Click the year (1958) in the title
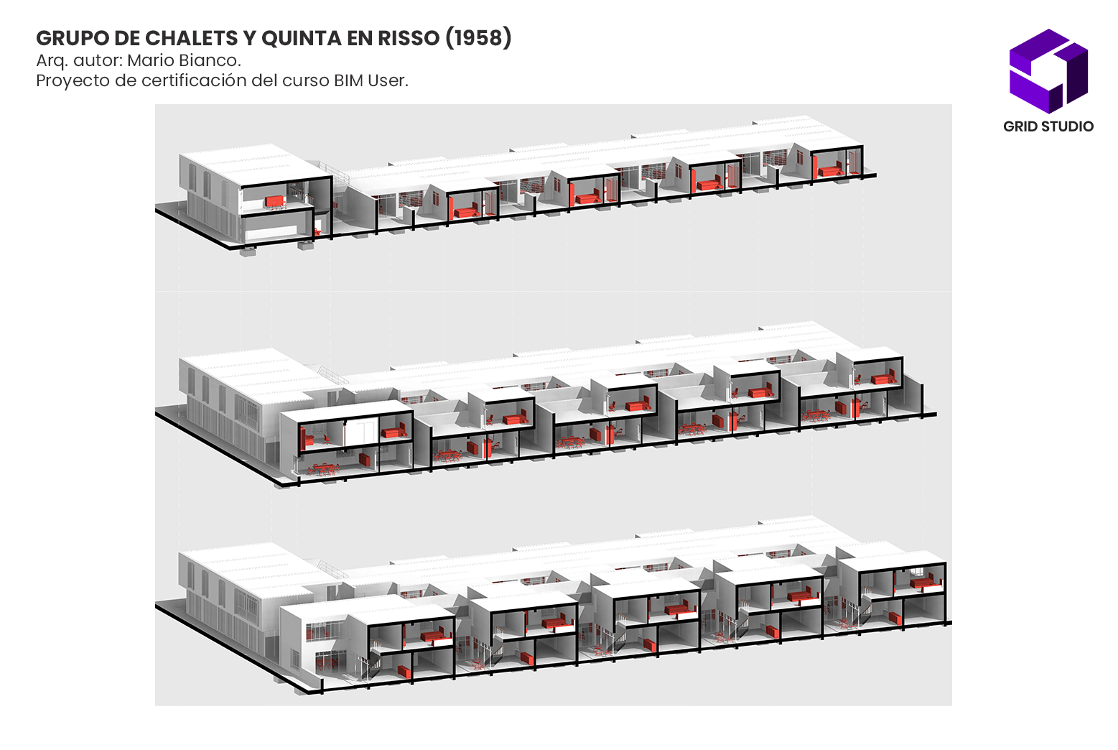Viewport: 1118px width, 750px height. pos(478,38)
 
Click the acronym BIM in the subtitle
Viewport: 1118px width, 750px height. pos(349,80)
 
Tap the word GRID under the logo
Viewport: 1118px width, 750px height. pos(1020,126)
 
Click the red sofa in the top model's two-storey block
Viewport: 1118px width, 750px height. pos(274,202)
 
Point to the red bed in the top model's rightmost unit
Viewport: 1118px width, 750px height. pos(830,171)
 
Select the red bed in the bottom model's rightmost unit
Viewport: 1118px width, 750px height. pos(926,583)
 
